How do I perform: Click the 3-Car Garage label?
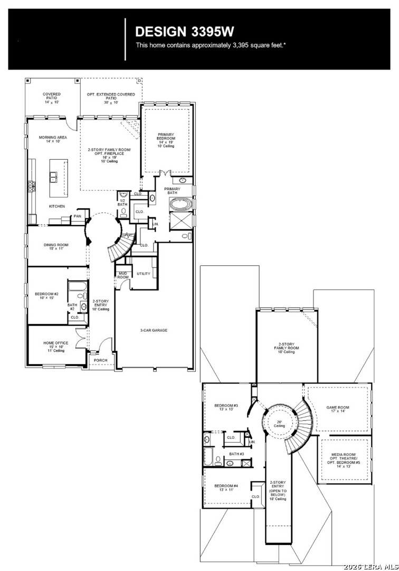154,330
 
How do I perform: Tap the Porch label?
100,361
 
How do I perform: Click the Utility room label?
144,274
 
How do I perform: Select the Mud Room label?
123,275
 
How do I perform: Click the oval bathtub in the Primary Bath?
182,204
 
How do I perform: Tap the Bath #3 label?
236,454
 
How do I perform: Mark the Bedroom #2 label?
46,296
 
